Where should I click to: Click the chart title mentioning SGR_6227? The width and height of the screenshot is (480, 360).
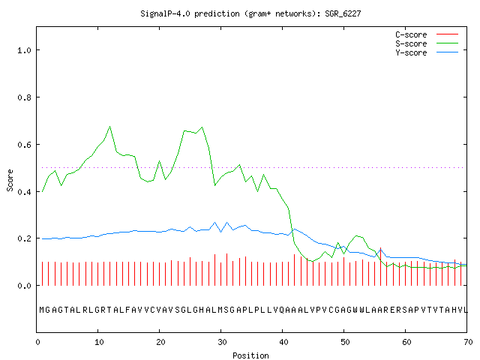(x=250, y=13)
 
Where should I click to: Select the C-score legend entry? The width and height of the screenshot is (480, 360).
(x=427, y=34)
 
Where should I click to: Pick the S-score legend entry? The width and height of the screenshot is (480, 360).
(x=427, y=43)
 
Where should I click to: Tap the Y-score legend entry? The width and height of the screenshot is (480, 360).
(x=427, y=52)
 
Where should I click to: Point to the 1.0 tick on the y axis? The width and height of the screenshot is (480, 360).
(x=25, y=50)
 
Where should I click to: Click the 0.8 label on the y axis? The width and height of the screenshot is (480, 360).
(x=25, y=97)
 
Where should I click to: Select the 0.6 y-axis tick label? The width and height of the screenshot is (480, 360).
(x=25, y=145)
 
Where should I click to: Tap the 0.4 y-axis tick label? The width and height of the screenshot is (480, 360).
(x=25, y=192)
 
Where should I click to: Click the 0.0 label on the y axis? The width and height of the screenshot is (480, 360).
(x=25, y=286)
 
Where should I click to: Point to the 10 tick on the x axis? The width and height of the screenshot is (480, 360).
(x=99, y=342)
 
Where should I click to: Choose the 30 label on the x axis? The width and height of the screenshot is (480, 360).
(x=222, y=342)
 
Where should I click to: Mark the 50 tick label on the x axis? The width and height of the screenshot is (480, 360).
(x=345, y=342)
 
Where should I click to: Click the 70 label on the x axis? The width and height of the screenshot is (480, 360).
(x=468, y=342)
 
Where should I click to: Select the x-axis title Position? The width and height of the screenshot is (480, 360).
(x=250, y=355)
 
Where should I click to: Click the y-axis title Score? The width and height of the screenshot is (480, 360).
(x=10, y=180)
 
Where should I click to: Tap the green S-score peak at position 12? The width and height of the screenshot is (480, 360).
(x=110, y=126)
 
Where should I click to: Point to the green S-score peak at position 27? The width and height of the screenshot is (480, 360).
(x=202, y=127)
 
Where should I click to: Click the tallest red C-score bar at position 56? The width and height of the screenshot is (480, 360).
(x=380, y=266)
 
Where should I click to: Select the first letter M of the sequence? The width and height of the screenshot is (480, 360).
(x=42, y=310)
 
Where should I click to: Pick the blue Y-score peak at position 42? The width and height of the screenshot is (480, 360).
(x=295, y=229)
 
